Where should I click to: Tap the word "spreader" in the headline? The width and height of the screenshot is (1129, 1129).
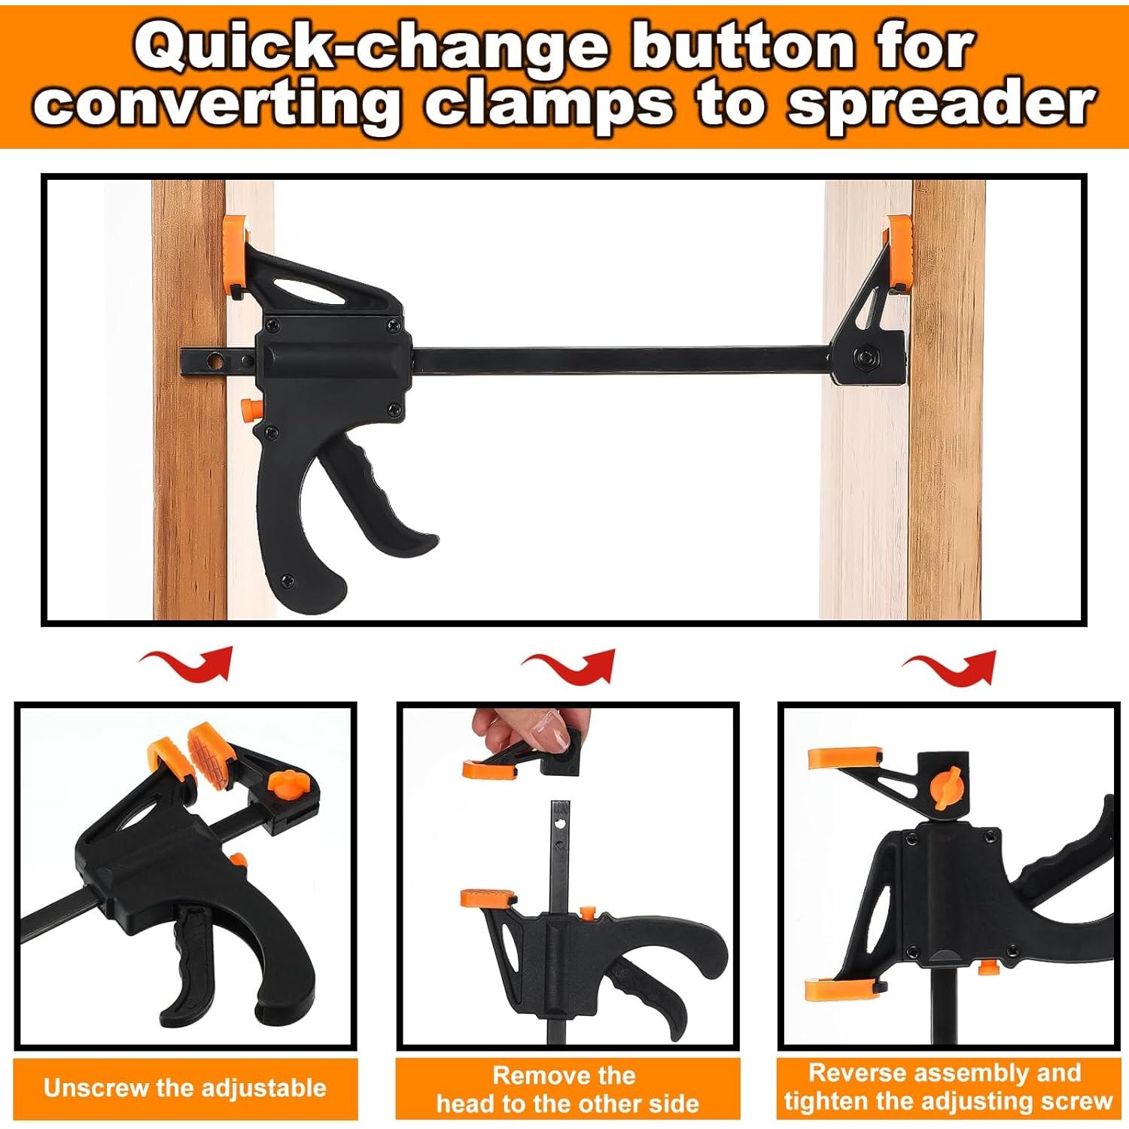pos(941,105)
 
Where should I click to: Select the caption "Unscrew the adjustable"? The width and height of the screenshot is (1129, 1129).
pos(185,1088)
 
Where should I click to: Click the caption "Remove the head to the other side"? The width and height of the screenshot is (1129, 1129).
pos(568,1089)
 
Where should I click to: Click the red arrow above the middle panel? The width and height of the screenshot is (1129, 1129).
pos(569,665)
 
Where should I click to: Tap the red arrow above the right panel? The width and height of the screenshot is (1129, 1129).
pos(949,667)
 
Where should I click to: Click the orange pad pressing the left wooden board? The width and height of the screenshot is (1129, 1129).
pos(236,256)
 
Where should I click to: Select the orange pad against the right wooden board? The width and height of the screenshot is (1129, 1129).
pos(899,253)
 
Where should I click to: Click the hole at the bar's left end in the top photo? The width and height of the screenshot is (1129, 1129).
pos(218,362)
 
